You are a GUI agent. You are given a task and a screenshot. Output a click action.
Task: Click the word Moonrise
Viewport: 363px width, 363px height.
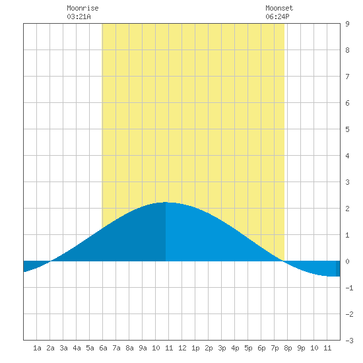(82, 9)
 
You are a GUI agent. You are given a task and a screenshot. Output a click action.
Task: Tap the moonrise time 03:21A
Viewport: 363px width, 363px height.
(79, 16)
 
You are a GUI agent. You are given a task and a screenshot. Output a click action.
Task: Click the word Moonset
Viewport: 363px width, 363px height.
(279, 9)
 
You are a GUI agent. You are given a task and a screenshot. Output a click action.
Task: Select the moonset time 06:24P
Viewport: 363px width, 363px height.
(277, 16)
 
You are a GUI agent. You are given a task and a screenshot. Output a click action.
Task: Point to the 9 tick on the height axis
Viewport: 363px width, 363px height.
(347, 24)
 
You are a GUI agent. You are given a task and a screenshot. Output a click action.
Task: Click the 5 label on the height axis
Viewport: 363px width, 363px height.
(347, 129)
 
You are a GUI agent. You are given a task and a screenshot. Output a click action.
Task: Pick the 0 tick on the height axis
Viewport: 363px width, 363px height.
(347, 261)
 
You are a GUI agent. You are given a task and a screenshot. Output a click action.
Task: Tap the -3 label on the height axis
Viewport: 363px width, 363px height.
(349, 341)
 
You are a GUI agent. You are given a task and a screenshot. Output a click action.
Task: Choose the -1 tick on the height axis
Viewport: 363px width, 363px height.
(349, 288)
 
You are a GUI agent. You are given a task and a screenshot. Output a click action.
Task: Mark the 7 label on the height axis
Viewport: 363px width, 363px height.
(347, 77)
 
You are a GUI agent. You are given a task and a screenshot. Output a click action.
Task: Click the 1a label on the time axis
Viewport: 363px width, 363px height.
(37, 348)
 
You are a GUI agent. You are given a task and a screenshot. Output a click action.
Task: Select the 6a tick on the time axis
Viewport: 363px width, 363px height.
(103, 348)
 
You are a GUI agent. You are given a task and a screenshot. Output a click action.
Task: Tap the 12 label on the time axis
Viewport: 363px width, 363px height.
(182, 348)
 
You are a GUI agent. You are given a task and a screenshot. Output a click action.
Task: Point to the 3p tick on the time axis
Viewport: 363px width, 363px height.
(222, 348)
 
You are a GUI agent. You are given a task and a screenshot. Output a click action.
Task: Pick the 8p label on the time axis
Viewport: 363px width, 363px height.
(288, 348)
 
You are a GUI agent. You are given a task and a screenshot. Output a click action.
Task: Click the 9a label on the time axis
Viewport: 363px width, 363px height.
(143, 348)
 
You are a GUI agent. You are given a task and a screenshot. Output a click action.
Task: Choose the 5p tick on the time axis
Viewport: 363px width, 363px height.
(248, 348)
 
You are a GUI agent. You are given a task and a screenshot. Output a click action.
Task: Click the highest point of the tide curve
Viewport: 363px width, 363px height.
(166, 203)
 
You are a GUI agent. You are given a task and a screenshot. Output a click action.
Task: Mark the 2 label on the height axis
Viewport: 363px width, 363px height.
(347, 209)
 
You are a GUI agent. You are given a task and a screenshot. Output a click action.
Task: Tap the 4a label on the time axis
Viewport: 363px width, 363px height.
(77, 348)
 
